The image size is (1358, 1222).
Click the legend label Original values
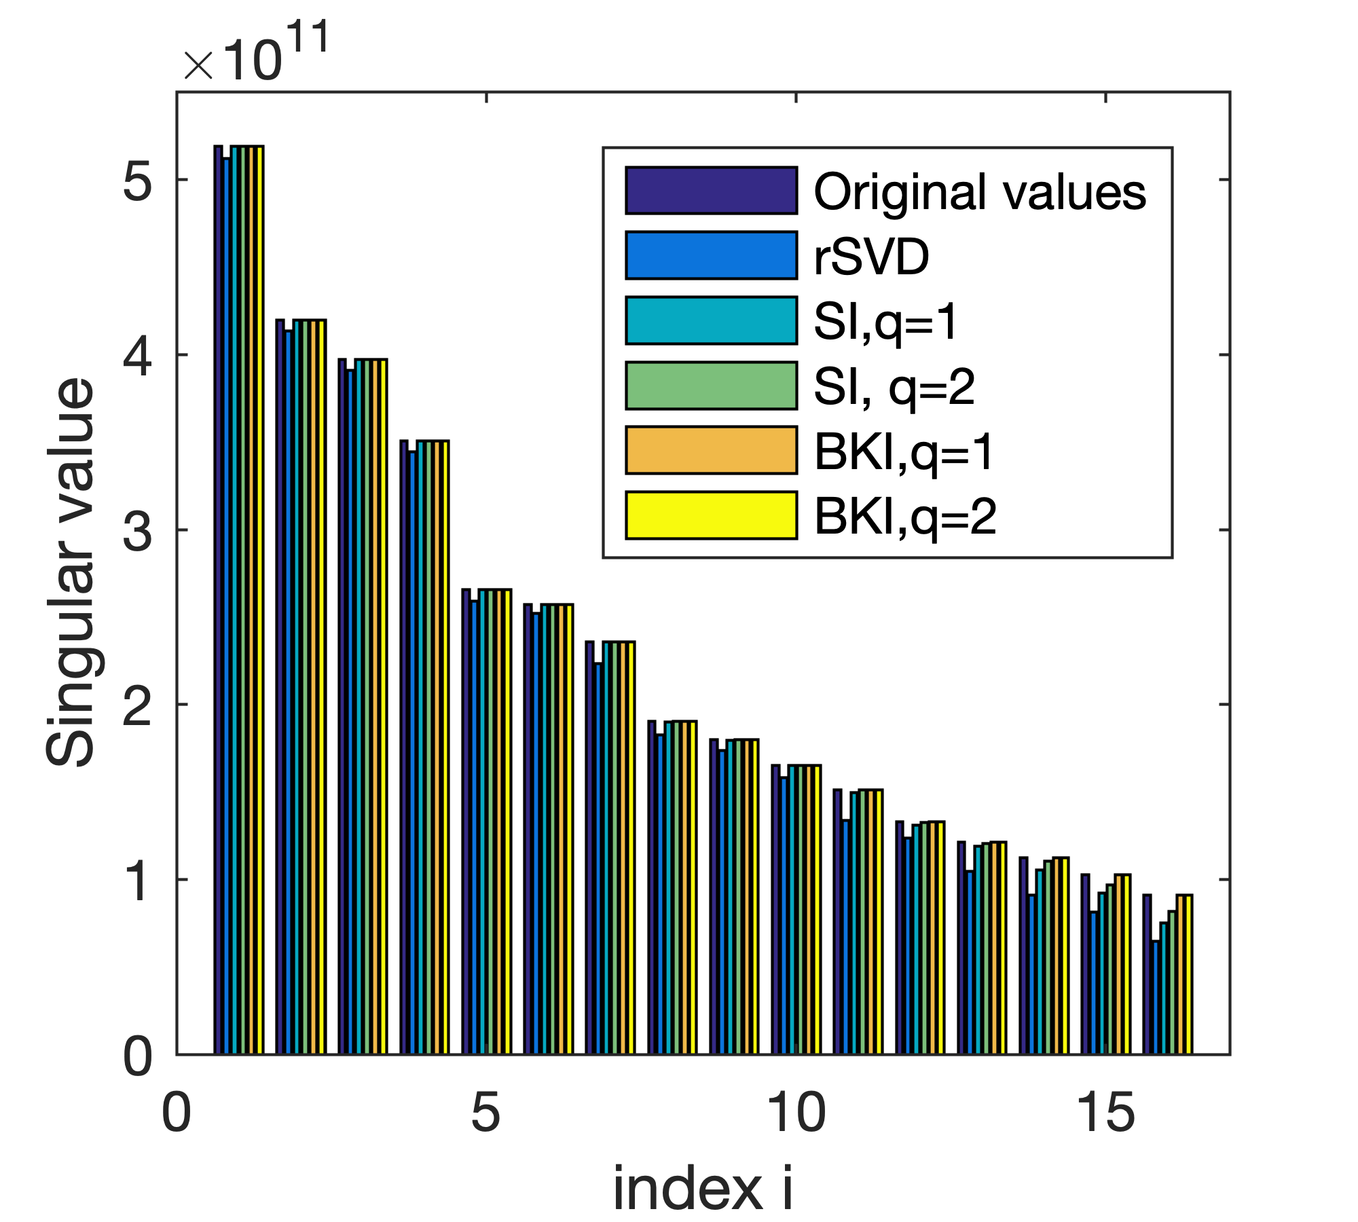[x=979, y=192]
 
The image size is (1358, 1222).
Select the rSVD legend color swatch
[x=711, y=255]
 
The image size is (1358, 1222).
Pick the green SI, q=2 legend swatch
[x=711, y=386]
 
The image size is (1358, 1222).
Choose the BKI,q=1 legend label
[x=904, y=451]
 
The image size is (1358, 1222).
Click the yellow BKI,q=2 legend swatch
[x=711, y=515]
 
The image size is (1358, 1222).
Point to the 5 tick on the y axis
[x=138, y=181]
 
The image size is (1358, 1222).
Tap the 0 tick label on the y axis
[x=138, y=1056]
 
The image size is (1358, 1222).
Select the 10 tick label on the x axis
[x=796, y=1114]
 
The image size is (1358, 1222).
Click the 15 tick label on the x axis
[x=1105, y=1114]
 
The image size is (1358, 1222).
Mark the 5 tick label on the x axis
[x=486, y=1114]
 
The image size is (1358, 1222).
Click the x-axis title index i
[x=703, y=1188]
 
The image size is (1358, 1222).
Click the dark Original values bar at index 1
[x=219, y=597]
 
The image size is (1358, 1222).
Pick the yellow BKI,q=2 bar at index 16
[x=1188, y=974]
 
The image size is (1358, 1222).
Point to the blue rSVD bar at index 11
[x=845, y=937]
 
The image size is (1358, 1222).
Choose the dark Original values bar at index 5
[x=466, y=821]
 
